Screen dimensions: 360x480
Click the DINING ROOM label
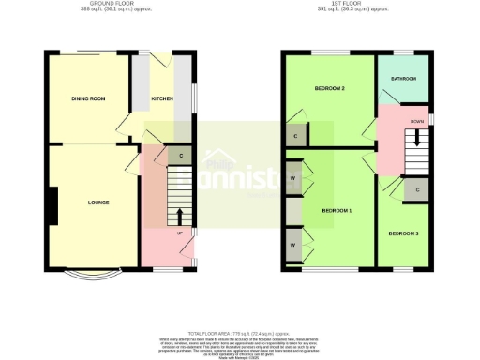pyautogui.click(x=86, y=98)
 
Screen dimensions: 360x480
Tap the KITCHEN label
pyautogui.click(x=162, y=97)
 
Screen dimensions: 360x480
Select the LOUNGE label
pyautogui.click(x=98, y=202)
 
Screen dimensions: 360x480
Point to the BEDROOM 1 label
pyautogui.click(x=337, y=210)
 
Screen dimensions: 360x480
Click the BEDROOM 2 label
pyautogui.click(x=330, y=88)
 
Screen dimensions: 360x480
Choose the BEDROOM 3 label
pyautogui.click(x=404, y=232)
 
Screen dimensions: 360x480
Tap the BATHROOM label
pyautogui.click(x=403, y=79)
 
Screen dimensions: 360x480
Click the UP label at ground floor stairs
pyautogui.click(x=179, y=232)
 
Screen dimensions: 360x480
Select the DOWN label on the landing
pyautogui.click(x=416, y=122)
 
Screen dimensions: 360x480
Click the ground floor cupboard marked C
pyautogui.click(x=180, y=155)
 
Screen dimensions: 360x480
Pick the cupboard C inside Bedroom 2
pyautogui.click(x=295, y=137)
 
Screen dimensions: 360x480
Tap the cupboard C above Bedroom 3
pyautogui.click(x=416, y=189)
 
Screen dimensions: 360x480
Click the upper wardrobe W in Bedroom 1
pyautogui.click(x=293, y=178)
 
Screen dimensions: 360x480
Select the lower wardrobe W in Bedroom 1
pyautogui.click(x=293, y=245)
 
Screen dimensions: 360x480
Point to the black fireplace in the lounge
pyautogui.click(x=53, y=205)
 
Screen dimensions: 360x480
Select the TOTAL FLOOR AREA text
pyautogui.click(x=239, y=333)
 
